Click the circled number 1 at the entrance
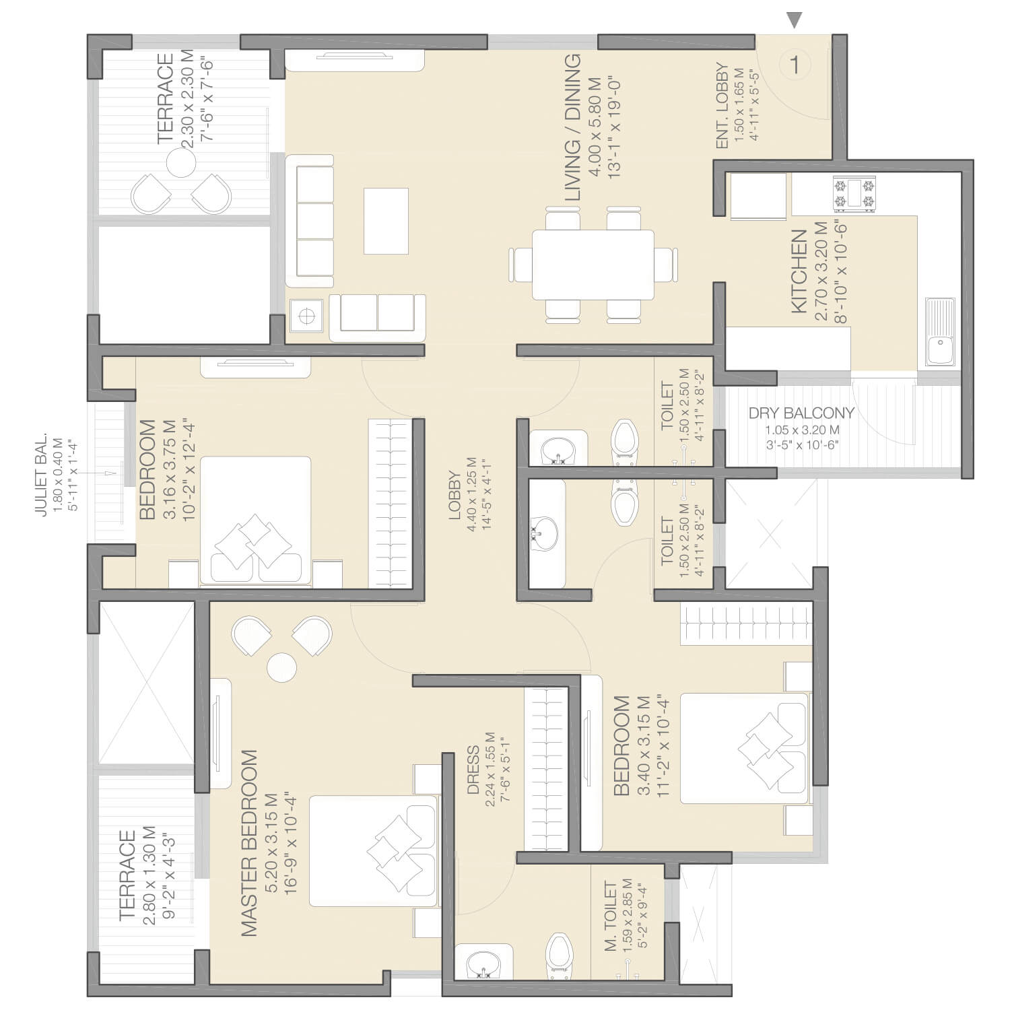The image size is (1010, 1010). pos(795,65)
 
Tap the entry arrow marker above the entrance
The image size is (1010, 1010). pos(795,21)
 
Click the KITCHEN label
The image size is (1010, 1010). pos(799,271)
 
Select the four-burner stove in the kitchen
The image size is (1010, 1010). pos(855,194)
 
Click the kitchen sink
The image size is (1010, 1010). pos(941,332)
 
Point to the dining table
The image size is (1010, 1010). pos(593,265)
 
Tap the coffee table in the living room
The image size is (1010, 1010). pos(386,221)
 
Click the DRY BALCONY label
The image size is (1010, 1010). pos(801,413)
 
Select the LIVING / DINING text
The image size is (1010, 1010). pos(572,128)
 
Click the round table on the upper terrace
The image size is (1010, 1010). pos(181,162)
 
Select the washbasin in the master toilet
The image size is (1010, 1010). pos(483,963)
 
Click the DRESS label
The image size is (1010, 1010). pos(473,770)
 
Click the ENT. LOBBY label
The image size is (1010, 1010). pos(722,106)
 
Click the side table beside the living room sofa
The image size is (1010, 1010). pos(307,315)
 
